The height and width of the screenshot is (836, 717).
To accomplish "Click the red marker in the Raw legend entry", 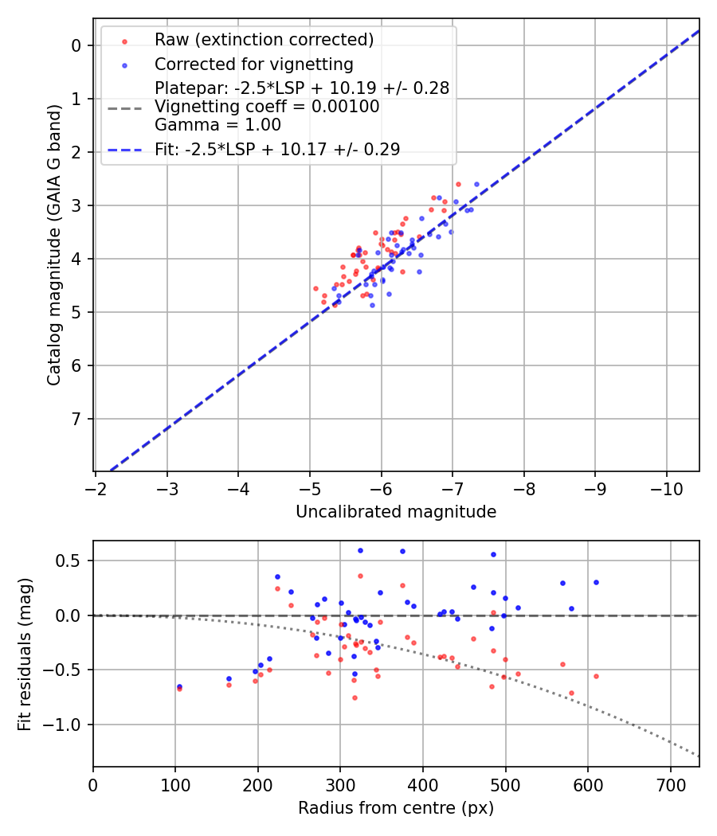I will click(123, 41).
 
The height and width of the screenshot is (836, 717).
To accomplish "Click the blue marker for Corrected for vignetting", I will click(123, 64).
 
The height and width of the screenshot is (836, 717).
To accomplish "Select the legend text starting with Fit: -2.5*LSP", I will click(277, 149).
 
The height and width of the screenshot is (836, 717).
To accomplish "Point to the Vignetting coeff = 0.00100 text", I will click(267, 107).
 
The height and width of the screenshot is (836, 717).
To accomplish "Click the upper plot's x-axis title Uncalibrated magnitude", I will click(396, 512).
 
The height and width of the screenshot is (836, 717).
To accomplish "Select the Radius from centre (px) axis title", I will click(396, 808).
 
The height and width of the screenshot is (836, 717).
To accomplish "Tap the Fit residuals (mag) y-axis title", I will click(25, 654).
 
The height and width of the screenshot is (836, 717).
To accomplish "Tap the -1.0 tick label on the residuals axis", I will click(65, 725).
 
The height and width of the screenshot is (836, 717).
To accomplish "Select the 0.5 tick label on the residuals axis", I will click(70, 561).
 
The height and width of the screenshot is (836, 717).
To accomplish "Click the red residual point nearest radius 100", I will click(179, 688).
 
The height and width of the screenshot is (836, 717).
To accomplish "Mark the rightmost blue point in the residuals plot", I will click(596, 582).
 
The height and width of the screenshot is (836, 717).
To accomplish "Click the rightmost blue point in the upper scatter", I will click(477, 184).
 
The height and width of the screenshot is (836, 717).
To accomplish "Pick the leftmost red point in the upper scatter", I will click(315, 288).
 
